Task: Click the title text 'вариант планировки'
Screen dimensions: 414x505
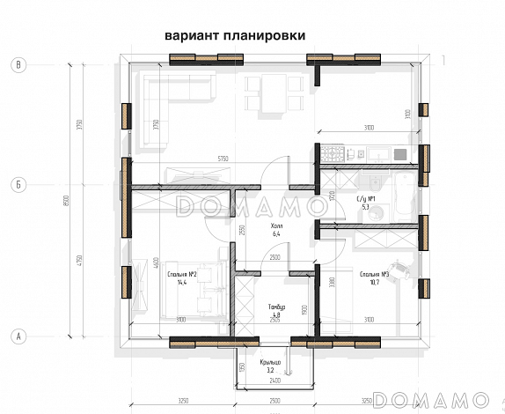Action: point(234,36)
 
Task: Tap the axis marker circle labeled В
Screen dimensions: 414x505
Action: point(17,64)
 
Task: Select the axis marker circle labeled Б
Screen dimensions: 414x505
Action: point(17,185)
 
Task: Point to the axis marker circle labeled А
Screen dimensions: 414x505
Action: point(17,336)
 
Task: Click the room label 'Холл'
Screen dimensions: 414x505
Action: point(275,225)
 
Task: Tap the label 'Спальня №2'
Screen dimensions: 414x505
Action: point(180,274)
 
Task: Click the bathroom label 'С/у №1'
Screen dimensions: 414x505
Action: point(367,200)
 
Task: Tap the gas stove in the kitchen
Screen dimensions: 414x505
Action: point(333,154)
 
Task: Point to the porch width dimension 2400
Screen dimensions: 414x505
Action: point(274,381)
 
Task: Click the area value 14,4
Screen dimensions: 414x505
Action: point(182,283)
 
